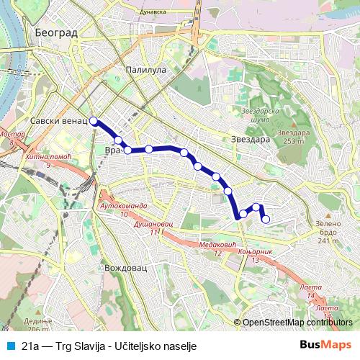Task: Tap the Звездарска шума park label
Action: [258, 115]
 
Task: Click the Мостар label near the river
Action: [12, 135]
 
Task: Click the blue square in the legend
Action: [10, 345]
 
